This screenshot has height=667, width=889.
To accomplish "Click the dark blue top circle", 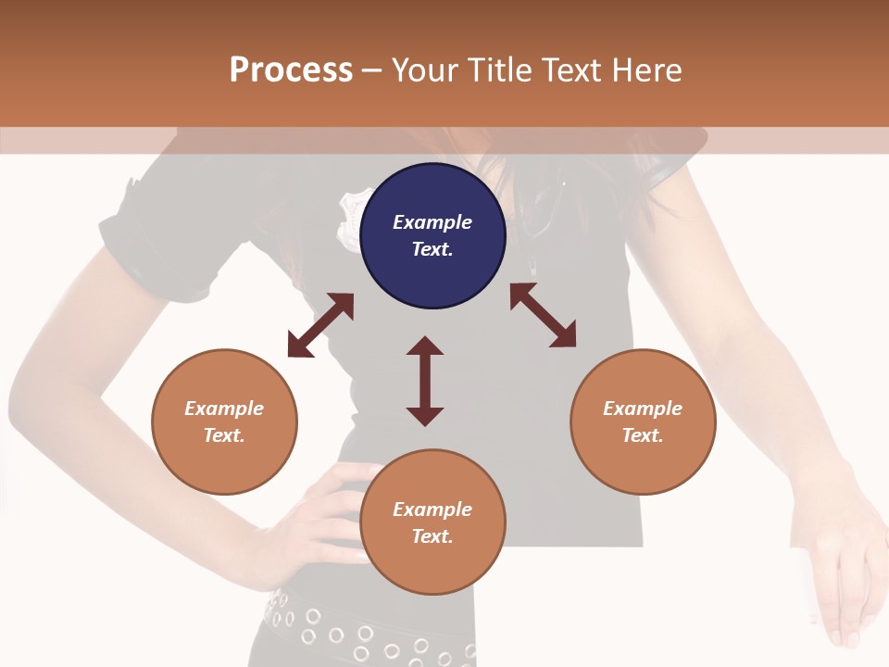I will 432,236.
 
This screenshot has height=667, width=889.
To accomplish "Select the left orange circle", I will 224,422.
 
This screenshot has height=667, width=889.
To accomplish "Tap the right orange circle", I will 643,422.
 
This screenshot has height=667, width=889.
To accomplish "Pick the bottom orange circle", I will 432,522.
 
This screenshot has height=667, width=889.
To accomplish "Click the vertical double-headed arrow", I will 425,381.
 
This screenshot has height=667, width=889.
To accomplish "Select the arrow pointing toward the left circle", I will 320,325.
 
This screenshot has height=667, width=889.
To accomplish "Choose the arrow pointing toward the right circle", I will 543,315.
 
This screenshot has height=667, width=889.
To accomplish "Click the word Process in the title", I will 291,69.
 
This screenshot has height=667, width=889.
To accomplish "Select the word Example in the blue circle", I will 432,222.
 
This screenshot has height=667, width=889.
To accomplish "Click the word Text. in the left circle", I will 224,435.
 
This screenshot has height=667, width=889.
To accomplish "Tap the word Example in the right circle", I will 643,409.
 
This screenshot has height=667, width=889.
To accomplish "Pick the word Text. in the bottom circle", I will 432,536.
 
